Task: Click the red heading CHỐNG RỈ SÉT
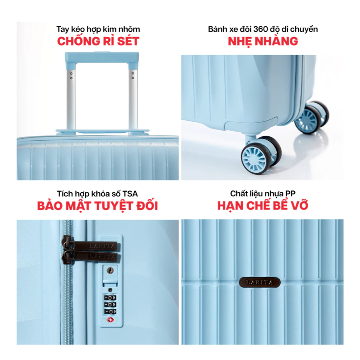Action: [x=98, y=41]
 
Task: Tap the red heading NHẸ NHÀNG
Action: [x=263, y=42]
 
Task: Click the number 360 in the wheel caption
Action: [x=260, y=29]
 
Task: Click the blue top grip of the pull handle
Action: [x=102, y=58]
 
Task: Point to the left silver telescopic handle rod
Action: [x=71, y=99]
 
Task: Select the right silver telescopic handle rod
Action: [x=133, y=99]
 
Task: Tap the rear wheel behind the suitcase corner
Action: [x=312, y=117]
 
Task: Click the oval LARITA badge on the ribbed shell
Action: [x=260, y=282]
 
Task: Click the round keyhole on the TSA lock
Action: [x=110, y=270]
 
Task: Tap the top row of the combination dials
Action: [x=110, y=298]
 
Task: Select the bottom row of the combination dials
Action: [x=110, y=312]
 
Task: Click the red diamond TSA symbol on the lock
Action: [x=110, y=320]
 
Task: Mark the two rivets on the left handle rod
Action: [x=71, y=76]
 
